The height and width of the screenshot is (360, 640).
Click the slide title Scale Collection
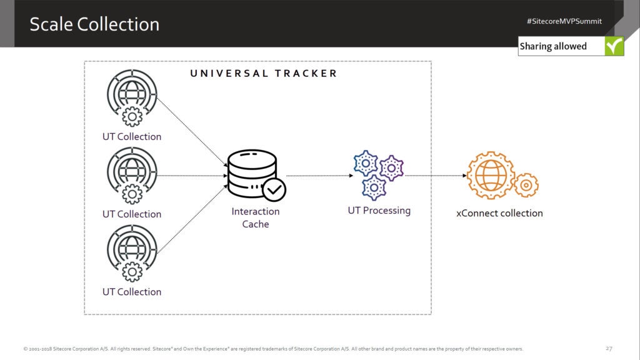click(x=94, y=24)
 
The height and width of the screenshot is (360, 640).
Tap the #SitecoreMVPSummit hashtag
click(x=564, y=21)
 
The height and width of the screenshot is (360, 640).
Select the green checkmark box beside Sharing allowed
click(x=614, y=46)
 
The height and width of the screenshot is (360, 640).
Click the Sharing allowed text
click(x=553, y=46)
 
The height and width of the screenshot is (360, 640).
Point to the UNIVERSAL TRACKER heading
click(x=263, y=73)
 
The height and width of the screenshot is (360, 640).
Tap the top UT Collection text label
click(x=131, y=137)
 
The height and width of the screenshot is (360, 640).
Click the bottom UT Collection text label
click(x=131, y=292)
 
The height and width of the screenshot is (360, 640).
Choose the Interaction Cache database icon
click(x=252, y=172)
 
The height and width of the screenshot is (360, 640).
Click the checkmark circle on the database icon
click(x=273, y=188)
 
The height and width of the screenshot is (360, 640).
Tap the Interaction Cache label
click(x=255, y=217)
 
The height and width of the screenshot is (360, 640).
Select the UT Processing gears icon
click(x=378, y=174)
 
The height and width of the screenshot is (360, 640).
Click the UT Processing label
click(x=379, y=211)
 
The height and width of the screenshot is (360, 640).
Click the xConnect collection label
click(x=499, y=213)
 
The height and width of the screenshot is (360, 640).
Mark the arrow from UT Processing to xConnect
click(x=436, y=176)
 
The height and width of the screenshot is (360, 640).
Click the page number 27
click(x=609, y=348)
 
